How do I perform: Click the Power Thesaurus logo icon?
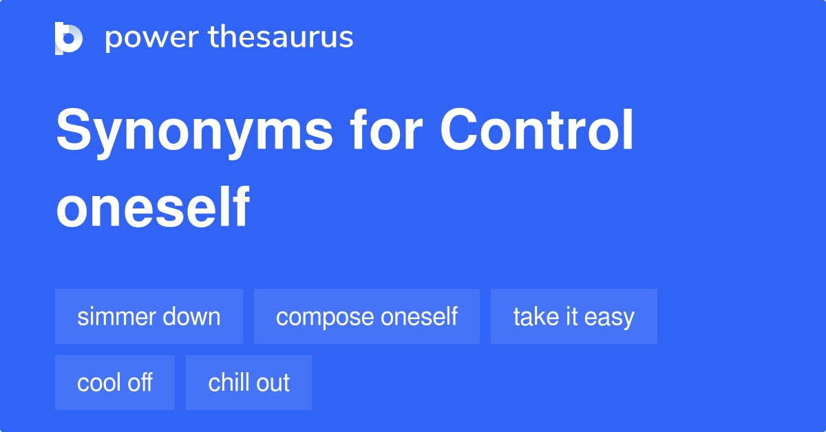coord(69,38)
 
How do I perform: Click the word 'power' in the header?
coord(145,38)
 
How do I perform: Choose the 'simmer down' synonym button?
coord(149,316)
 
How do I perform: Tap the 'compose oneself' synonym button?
coord(366,316)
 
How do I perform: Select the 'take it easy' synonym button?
coord(573,316)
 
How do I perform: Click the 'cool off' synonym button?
coord(115,382)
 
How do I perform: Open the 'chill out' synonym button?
coord(248,382)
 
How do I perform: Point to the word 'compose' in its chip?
coord(321,317)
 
